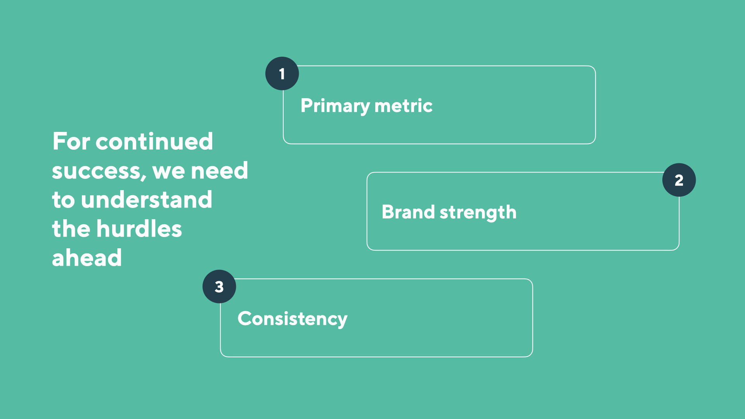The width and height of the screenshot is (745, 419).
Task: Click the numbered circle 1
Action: [282, 74]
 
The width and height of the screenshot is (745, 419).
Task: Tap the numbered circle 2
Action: [679, 180]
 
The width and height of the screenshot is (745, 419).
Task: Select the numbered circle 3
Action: [219, 287]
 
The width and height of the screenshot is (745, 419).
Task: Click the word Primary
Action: [335, 106]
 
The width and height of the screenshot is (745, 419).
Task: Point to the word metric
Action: [404, 106]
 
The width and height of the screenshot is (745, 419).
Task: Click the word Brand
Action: [408, 212]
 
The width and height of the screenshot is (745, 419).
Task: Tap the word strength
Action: [478, 213]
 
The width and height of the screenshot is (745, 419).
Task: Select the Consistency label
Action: [293, 319]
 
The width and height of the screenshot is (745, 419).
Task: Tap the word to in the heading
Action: [63, 200]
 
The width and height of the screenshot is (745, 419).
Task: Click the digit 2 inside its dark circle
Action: [679, 180]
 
